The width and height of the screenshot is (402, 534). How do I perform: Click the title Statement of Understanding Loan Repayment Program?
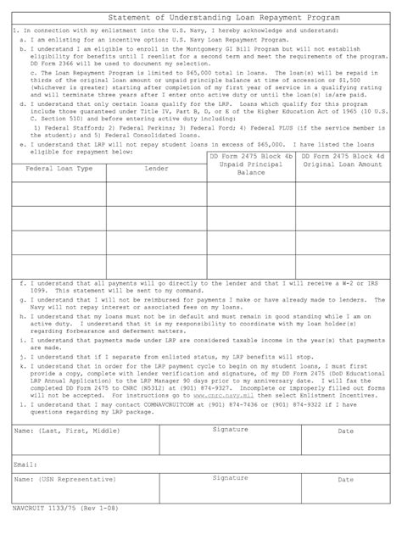[x=200, y=17]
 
